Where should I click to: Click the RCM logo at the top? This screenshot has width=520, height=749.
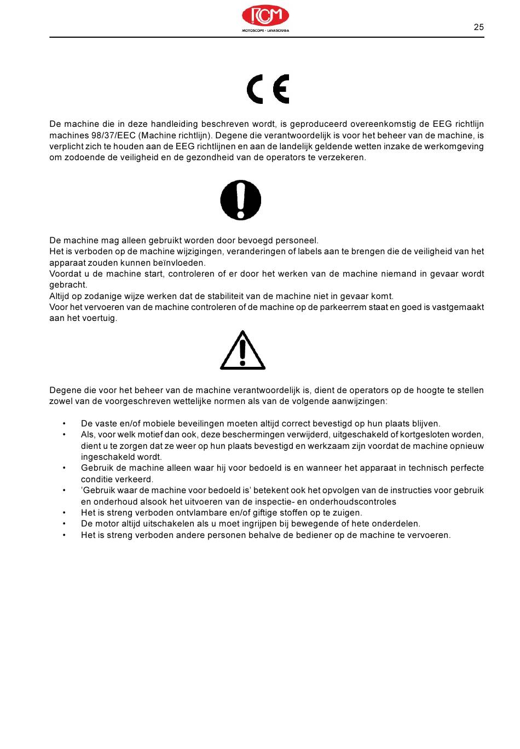coord(265,18)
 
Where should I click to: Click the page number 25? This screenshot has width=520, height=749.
coord(478,27)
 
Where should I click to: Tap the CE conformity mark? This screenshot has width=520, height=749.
coord(268,89)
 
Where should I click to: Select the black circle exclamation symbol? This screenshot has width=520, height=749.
coord(241,200)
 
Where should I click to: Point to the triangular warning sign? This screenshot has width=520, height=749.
coord(242,350)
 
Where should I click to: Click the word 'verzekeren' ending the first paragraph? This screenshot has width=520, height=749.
coord(342,157)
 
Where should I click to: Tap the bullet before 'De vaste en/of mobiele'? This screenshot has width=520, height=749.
coord(64,424)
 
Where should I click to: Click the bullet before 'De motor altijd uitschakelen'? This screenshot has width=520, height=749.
coord(64,524)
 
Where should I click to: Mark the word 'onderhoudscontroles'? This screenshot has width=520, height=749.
coord(353,502)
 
